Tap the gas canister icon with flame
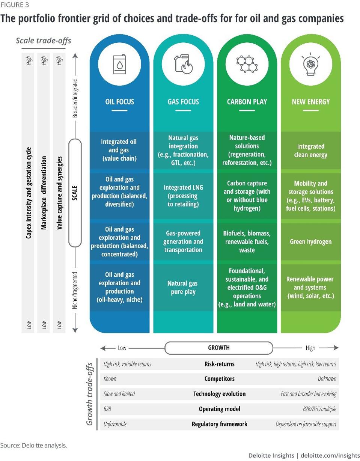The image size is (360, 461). coord(183,63)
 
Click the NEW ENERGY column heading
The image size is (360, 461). coord(310,102)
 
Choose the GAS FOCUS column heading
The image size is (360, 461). coord(183,102)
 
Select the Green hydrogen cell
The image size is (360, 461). coord(310,241)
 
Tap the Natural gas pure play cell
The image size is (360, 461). coord(183,287)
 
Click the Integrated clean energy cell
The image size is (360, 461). coord(310,150)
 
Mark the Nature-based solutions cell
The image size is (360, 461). coord(247,150)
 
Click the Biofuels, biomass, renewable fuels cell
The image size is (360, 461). coord(247,241)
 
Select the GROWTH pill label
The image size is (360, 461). coord(219,348)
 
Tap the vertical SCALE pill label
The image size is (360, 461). coord(75,193)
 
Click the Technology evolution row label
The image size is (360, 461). coord(219,394)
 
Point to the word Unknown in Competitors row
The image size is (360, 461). coord(327,379)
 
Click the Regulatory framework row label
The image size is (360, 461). coord(219,424)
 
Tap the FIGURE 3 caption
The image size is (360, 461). coord(15,5)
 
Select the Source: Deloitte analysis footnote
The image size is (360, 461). coord(33,446)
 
